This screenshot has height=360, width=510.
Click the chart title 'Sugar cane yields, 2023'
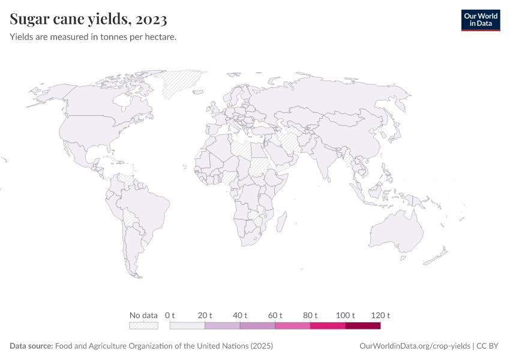[88, 20]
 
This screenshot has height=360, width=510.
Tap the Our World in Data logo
[480, 20]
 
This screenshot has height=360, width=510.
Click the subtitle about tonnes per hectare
[93, 37]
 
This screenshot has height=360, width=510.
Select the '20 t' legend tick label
[205, 315]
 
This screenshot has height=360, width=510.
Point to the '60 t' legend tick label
[275, 315]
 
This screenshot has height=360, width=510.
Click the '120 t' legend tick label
[380, 315]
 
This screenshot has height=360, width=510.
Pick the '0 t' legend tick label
[170, 315]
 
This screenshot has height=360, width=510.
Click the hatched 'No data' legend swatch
[143, 326]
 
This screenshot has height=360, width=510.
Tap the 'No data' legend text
[143, 315]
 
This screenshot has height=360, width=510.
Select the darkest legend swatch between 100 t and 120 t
[363, 326]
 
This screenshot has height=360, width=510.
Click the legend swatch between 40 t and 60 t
[257, 326]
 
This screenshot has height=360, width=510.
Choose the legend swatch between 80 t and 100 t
[328, 326]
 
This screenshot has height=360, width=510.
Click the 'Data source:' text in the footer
[31, 346]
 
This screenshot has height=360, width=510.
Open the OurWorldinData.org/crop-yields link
[415, 346]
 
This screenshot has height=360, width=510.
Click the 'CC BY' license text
[488, 346]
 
